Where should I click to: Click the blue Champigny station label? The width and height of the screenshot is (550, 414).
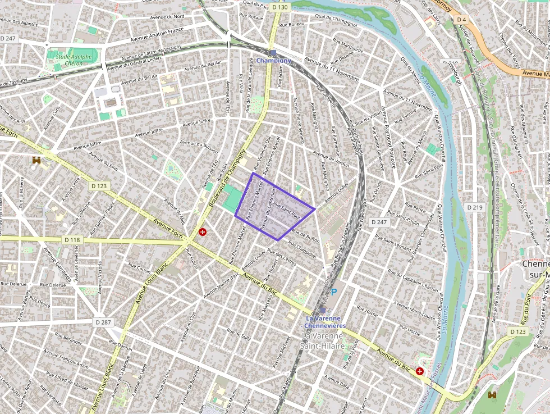pos(274,61)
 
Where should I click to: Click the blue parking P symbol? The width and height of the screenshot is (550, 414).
pos(334,292)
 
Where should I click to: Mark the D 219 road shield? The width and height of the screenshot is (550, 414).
pos(475,207)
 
